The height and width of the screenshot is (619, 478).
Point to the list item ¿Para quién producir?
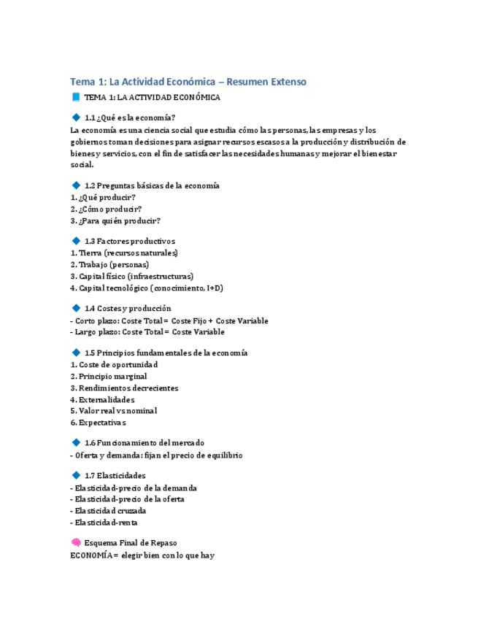(x=115, y=220)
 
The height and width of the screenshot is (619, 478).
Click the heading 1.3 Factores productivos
(x=129, y=241)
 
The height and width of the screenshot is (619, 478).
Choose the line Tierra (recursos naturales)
(x=124, y=253)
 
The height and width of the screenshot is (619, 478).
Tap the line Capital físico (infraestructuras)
(x=131, y=276)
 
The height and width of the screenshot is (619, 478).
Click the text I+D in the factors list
(x=214, y=288)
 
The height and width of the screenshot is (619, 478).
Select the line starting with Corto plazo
(x=169, y=320)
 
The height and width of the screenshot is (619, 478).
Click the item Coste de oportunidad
(x=114, y=364)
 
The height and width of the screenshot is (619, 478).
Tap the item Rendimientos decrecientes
(x=124, y=388)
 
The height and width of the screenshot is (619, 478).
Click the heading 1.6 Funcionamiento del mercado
(x=144, y=442)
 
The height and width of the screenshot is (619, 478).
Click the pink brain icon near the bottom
(x=75, y=542)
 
